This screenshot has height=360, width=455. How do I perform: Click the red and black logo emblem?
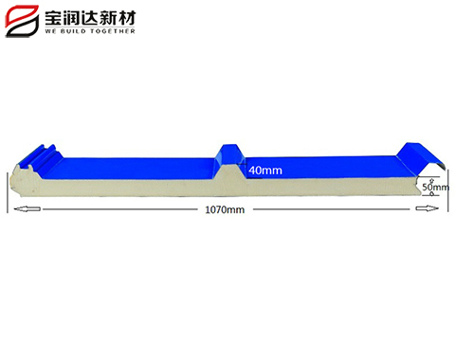22,19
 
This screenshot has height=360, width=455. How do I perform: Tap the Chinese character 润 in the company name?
78,14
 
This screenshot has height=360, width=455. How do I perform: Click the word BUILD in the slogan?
75,31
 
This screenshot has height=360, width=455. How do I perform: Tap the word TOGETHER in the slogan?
114,31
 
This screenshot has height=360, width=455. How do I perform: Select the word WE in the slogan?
50,31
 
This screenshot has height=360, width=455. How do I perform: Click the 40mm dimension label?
264,171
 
